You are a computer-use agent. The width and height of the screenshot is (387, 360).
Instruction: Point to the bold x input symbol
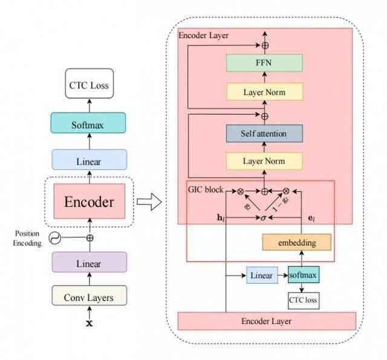pyautogui.click(x=90, y=324)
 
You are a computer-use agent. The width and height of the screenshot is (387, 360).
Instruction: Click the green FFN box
pyautogui.click(x=264, y=62)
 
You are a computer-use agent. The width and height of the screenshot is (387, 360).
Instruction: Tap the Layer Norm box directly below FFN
pyautogui.click(x=264, y=92)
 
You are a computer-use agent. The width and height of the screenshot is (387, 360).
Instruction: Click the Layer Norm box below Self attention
pyautogui.click(x=264, y=162)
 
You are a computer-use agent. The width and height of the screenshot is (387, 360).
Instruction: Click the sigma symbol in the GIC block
pyautogui.click(x=264, y=216)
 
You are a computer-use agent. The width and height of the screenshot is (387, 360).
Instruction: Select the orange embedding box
pyautogui.click(x=296, y=242)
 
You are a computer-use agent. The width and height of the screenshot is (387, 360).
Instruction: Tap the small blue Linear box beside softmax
pyautogui.click(x=261, y=276)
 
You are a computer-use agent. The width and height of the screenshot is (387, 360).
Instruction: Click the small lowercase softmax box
pyautogui.click(x=304, y=275)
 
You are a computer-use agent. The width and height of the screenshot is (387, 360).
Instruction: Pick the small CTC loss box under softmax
pyautogui.click(x=304, y=299)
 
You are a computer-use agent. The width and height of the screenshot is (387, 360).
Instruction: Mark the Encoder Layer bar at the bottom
pyautogui.click(x=266, y=321)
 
